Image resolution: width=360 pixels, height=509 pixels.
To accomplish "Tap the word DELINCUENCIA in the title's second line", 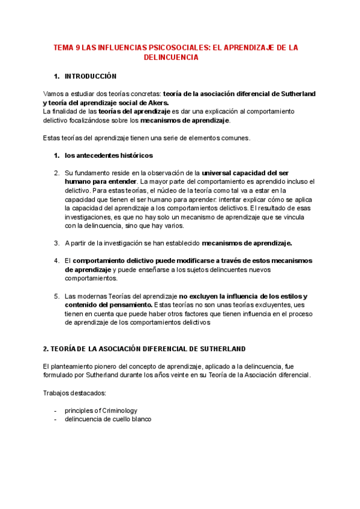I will click(171, 57).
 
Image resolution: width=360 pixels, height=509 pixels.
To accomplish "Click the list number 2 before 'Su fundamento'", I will click(56, 173).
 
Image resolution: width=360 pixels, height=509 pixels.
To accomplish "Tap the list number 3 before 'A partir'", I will click(56, 243).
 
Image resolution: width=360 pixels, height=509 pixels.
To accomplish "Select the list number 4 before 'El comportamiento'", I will click(56, 261).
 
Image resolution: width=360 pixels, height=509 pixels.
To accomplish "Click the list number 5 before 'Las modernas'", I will click(56, 296).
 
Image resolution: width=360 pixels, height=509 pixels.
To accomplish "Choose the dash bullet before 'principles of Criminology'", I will click(55, 411).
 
